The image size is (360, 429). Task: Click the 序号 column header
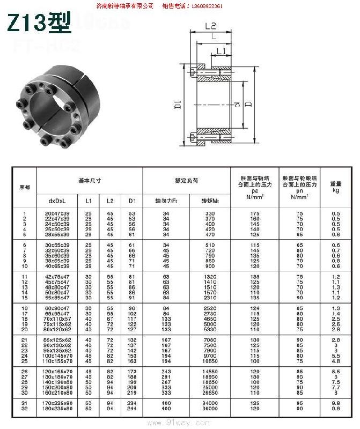point(25,187)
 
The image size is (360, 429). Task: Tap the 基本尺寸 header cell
point(90,181)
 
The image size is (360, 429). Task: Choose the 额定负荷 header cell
point(186,181)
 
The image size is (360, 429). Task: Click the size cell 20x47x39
point(56,214)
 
